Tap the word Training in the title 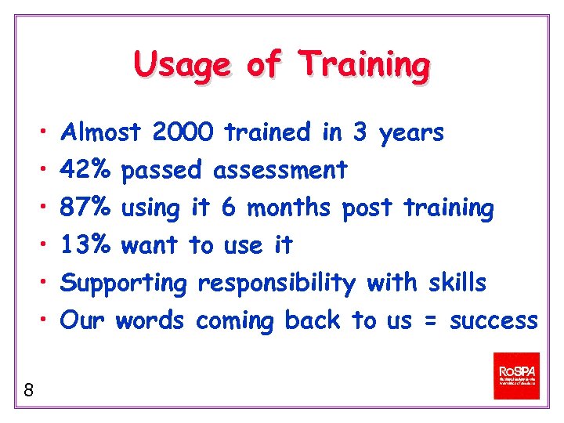point(366,64)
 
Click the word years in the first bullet point(411,134)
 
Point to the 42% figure point(88,170)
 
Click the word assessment point(280,170)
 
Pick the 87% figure point(88,208)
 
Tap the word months point(291,208)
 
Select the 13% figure point(88,246)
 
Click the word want point(151,246)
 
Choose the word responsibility point(276,284)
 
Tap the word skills point(457,282)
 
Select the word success point(493,321)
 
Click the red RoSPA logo point(516,376)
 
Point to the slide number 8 point(28,389)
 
